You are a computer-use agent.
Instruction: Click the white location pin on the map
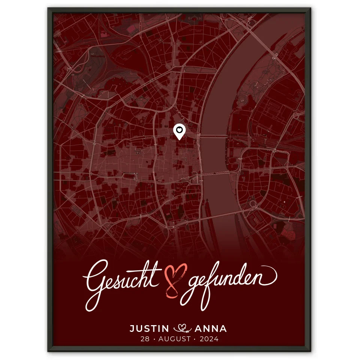(x=180, y=132)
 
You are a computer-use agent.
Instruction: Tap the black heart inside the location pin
(x=180, y=130)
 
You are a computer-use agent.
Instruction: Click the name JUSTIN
(x=149, y=329)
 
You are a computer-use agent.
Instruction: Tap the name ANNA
(x=211, y=329)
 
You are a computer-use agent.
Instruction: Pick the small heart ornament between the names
(x=182, y=329)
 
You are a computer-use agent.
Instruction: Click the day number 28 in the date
(x=144, y=339)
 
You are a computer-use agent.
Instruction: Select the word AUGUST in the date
(x=174, y=339)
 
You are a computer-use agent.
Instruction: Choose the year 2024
(x=209, y=339)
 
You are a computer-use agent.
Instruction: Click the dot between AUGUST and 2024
(x=195, y=339)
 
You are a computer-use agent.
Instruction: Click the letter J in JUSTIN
(x=132, y=329)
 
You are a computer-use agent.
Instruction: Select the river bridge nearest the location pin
(x=213, y=136)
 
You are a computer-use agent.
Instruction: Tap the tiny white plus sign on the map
(x=284, y=202)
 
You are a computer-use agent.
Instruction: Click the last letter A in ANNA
(x=223, y=329)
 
